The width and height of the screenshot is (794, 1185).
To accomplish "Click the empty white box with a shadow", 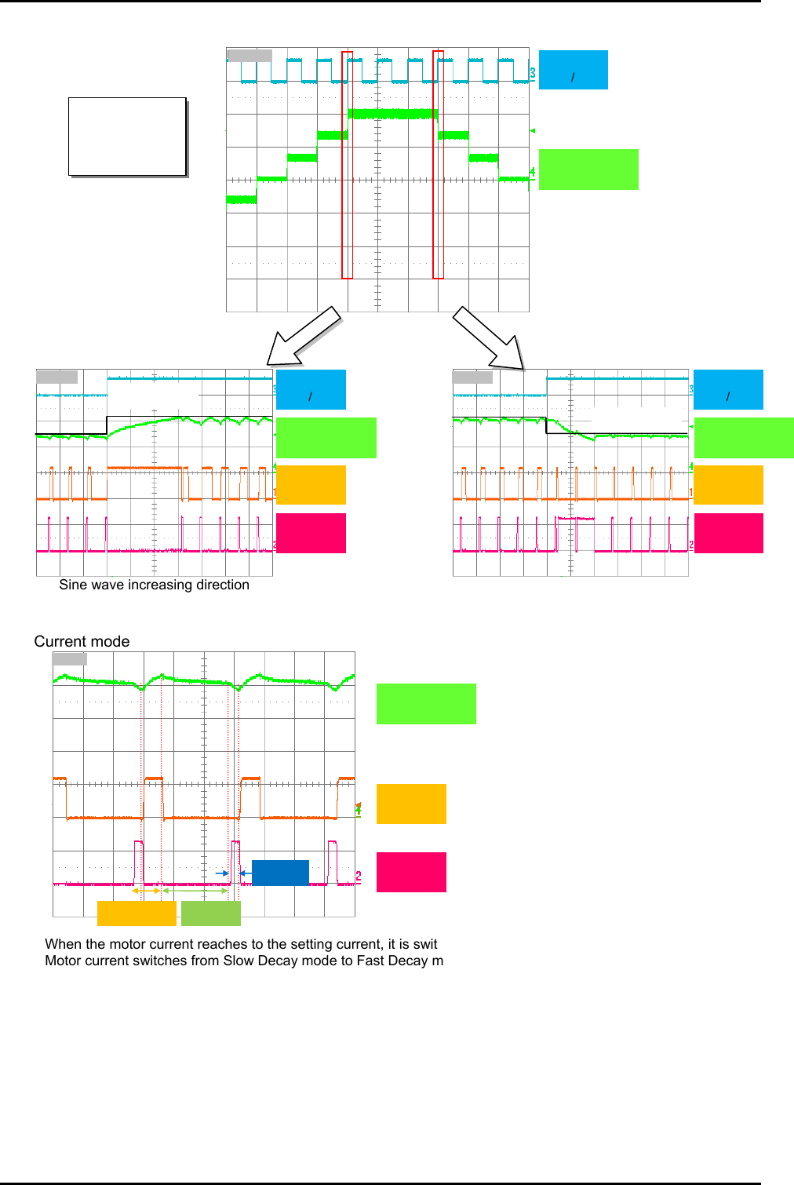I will tap(127, 137).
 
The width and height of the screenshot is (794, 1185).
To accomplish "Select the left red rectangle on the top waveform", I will tap(347, 165).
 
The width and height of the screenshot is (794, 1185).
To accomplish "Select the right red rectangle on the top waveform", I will tap(439, 165).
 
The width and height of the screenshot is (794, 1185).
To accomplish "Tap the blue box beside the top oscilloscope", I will tap(573, 70).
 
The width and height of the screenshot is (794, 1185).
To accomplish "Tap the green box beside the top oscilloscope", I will tap(588, 170).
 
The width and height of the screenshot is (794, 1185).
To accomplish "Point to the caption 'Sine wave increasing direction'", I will tap(154, 585).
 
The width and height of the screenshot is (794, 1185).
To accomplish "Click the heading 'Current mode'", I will tap(82, 641).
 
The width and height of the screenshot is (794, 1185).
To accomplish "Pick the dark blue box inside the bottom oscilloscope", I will tap(280, 873).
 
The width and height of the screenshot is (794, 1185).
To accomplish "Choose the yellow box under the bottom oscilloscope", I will tap(137, 913).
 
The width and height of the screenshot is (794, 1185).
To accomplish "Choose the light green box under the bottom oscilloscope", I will tap(210, 913).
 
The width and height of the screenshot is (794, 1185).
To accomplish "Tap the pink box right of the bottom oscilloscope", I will tap(411, 872).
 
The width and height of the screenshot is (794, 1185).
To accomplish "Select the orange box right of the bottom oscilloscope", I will tap(411, 804).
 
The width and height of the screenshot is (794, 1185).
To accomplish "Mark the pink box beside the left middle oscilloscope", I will tap(311, 533).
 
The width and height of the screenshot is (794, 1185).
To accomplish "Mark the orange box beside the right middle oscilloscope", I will tap(728, 485).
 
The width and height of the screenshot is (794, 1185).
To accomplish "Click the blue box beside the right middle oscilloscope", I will tap(728, 389).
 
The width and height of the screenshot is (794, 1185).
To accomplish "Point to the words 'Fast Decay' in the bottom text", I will tap(389, 961).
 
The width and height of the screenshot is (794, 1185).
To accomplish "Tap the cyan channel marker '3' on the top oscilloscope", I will tap(533, 73).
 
